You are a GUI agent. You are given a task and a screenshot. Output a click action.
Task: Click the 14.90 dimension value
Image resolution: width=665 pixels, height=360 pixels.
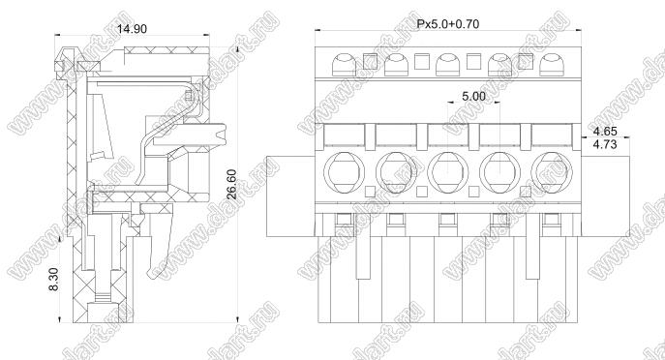(x=132, y=29)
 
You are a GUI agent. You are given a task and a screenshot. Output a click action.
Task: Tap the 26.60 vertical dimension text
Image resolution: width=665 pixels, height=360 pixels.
(x=231, y=184)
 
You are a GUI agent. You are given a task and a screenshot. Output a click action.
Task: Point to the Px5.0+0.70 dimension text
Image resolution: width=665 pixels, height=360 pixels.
(x=448, y=24)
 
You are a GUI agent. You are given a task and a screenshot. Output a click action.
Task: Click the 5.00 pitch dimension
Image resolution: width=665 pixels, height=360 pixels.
(x=473, y=96)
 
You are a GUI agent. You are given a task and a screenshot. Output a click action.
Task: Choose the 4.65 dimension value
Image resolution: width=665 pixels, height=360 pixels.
(x=605, y=131)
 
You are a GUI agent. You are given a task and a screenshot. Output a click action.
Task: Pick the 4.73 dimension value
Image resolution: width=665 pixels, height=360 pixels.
(x=605, y=144)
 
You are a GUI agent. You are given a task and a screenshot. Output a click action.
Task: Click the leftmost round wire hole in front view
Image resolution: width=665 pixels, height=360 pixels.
(x=344, y=172)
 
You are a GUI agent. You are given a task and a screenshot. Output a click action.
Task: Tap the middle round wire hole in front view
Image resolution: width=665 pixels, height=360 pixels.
(x=448, y=172)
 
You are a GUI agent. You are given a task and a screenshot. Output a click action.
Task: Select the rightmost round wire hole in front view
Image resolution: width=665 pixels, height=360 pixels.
(x=552, y=172)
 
